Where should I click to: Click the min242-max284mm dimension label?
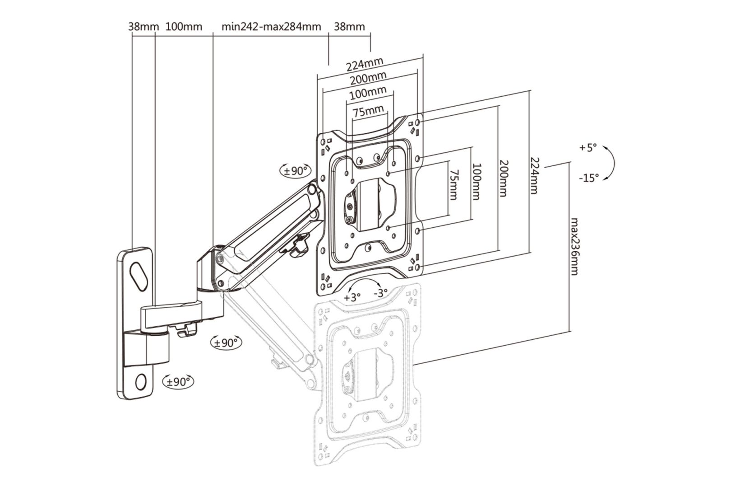[x=271, y=27]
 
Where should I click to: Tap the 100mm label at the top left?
[x=184, y=27]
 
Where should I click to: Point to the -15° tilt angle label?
[x=589, y=178]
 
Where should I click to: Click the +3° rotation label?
[x=352, y=297]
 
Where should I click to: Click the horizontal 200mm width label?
[x=368, y=79]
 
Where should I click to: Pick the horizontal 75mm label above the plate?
[x=368, y=110]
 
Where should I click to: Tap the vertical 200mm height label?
[x=504, y=178]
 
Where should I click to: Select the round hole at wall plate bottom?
[x=140, y=381]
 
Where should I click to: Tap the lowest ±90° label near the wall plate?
[x=178, y=381]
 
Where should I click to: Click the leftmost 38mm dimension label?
[x=143, y=27]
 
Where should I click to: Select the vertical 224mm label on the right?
[x=534, y=175]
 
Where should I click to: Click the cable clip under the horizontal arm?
[x=187, y=331]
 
